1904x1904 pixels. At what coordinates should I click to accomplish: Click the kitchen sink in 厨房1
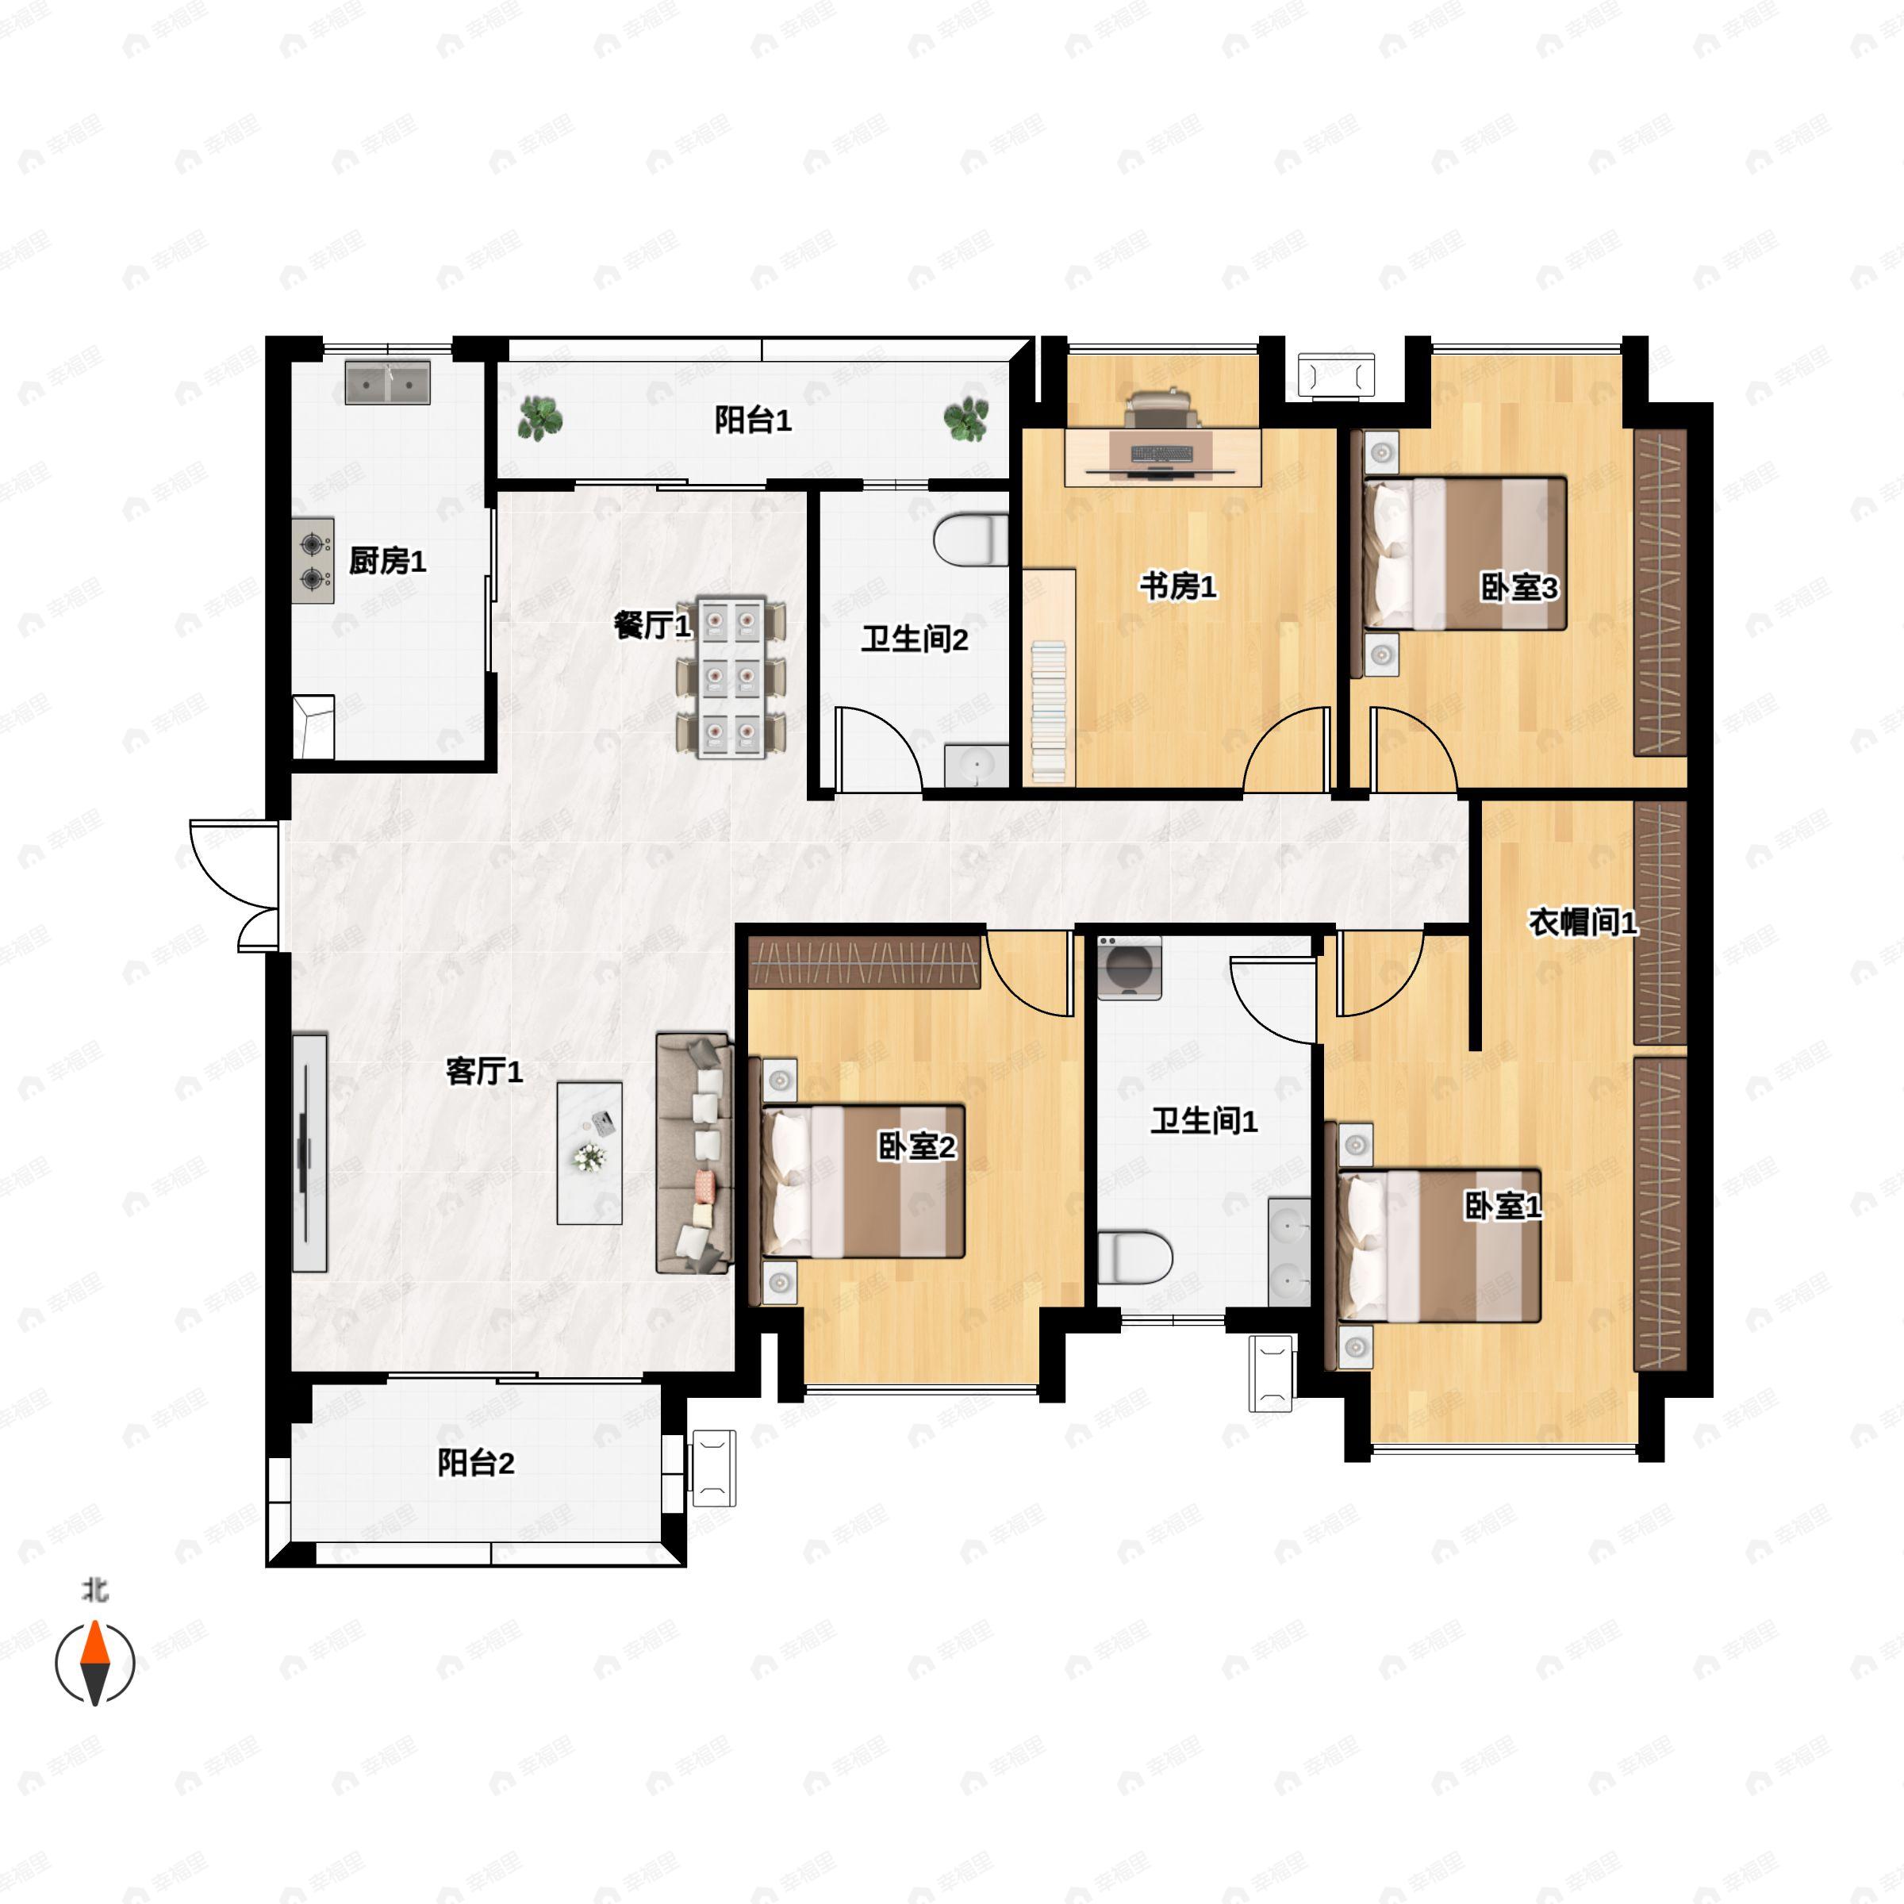pos(388,382)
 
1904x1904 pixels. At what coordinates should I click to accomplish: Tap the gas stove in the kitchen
pos(313,561)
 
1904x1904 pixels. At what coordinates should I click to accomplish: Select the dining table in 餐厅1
pos(731,677)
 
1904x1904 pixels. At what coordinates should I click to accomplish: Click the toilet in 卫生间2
pos(971,540)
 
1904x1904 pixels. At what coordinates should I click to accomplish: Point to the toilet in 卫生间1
pos(1134,1257)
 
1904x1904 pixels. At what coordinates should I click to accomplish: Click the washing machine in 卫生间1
pos(1130,968)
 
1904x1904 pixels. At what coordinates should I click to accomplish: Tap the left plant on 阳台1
pos(540,418)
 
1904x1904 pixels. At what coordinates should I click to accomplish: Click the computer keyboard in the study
pos(1161,455)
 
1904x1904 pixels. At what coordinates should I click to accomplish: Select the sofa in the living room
pos(695,1153)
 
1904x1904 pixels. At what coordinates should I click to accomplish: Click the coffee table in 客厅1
pos(589,1153)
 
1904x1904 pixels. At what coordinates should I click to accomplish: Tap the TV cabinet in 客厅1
pos(309,1153)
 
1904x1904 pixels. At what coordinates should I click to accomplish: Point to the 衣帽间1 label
pos(1583,923)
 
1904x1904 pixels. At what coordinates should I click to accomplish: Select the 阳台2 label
pos(476,1464)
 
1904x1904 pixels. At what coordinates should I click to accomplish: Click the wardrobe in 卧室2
pos(864,962)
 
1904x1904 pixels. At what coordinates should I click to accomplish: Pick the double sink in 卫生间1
pos(1289,1252)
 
